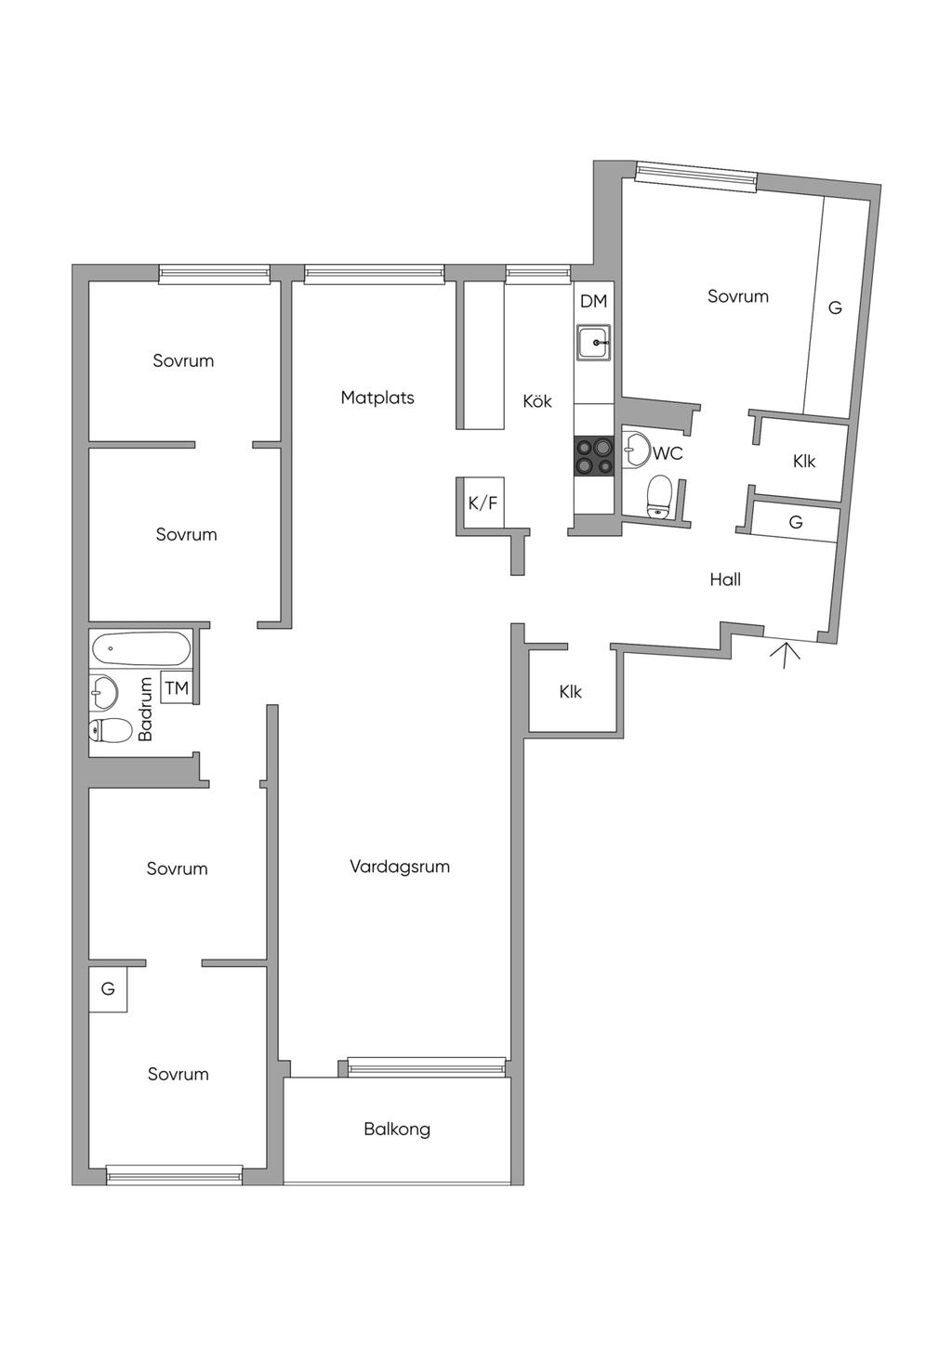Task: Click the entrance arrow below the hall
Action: [785, 655]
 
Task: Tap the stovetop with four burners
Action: [594, 457]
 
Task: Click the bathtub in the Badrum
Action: [141, 648]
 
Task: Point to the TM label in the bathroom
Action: [177, 688]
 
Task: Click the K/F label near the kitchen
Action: [483, 503]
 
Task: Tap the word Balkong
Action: [397, 1130]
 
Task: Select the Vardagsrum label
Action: [400, 867]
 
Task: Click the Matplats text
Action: [377, 398]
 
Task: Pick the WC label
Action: [668, 453]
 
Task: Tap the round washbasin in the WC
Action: [635, 449]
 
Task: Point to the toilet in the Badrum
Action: [110, 730]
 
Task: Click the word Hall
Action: [725, 580]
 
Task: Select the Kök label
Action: [536, 401]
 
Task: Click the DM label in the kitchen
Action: [593, 302]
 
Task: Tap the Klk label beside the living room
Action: [570, 692]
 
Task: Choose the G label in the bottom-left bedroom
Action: [108, 988]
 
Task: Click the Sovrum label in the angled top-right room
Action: [737, 296]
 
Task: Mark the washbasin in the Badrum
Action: [103, 692]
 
